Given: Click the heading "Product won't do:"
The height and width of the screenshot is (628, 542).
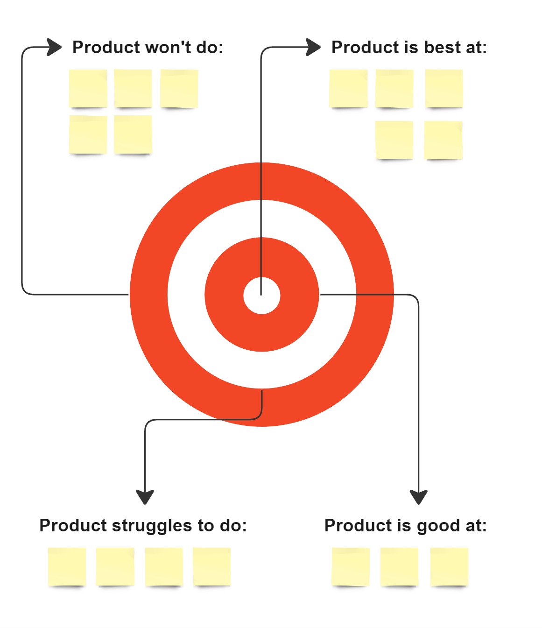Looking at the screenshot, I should click(148, 48).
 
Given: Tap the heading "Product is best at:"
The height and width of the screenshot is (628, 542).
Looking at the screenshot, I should click(409, 48).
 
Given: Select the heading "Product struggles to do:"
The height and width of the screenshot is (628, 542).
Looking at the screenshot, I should click(143, 526).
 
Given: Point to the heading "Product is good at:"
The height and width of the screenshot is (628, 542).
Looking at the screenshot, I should click(405, 526).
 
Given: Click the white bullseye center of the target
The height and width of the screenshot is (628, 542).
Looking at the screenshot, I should click(262, 296).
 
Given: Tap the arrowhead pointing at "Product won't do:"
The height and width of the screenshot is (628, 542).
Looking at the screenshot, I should click(55, 47).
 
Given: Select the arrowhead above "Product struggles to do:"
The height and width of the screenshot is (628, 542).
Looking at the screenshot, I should click(145, 497).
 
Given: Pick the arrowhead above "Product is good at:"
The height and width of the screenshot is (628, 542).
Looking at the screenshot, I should click(419, 497).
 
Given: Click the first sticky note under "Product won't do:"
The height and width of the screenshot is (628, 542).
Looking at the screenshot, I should click(88, 88).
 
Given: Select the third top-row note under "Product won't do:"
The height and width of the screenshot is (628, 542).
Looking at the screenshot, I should click(179, 88).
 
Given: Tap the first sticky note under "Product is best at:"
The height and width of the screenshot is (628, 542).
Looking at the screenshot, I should click(348, 88).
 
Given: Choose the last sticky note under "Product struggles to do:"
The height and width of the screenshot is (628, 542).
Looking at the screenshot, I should click(211, 566).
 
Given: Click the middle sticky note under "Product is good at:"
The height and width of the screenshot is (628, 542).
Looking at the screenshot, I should click(399, 566).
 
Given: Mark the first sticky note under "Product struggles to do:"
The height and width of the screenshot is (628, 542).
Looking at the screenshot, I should click(67, 566).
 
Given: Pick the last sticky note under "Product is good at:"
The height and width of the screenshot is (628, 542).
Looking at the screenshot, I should click(449, 566).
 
